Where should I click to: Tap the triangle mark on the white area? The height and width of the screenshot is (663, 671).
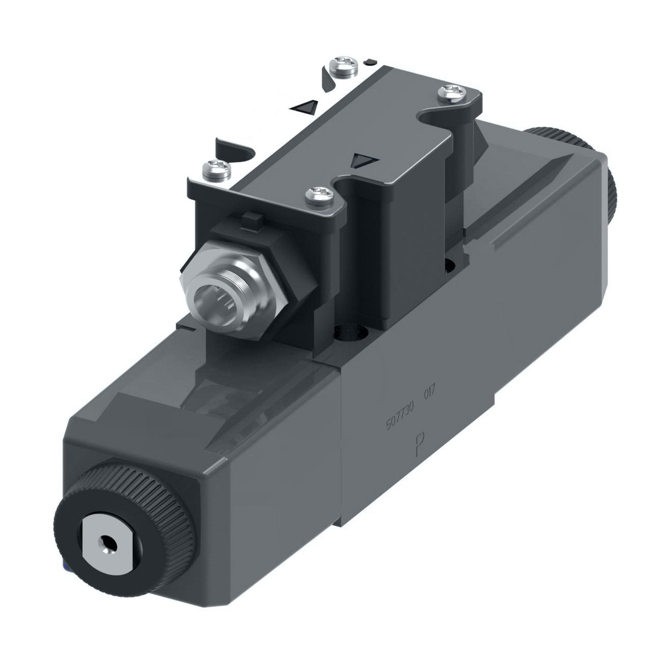coord(305,106)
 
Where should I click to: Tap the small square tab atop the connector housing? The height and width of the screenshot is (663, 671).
coord(252,220)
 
